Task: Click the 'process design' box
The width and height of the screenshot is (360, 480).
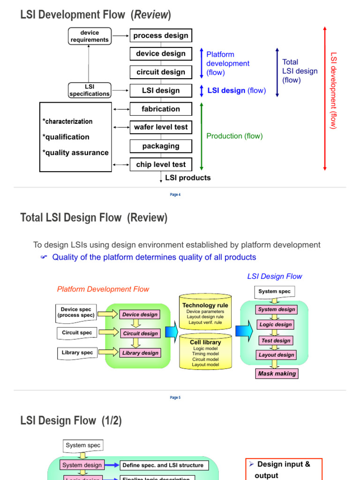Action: pos(161,36)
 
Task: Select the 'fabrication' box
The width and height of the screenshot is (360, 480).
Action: pos(161,109)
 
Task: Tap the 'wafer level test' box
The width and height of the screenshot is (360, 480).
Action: pos(161,127)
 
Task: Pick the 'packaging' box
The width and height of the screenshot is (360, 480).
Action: pos(161,146)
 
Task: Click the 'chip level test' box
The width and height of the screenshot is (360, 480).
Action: pos(161,165)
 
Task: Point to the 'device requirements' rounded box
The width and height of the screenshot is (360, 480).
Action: pos(90,36)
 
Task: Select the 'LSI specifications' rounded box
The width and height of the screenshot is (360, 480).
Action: pos(90,90)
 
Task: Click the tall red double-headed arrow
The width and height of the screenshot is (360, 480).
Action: pos(324,98)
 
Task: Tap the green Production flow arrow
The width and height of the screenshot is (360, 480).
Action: pos(202,136)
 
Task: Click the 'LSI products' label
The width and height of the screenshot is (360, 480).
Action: pos(187,178)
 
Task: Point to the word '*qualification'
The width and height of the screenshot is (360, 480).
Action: pos(66,137)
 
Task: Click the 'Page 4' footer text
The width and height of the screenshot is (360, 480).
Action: pos(175,195)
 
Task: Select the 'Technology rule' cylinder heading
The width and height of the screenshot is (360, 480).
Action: pos(205,305)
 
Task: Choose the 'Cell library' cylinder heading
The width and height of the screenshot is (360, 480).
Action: pos(205,342)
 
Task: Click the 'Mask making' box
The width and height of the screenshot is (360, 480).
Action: pos(277,374)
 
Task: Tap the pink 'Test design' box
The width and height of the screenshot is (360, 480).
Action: pos(276,340)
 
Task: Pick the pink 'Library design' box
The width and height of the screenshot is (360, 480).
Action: pos(140,353)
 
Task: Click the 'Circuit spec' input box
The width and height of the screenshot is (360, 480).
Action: pos(77,333)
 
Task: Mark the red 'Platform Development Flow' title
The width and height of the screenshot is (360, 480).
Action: pos(103,289)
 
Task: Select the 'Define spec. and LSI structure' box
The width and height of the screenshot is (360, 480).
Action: pos(163,465)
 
